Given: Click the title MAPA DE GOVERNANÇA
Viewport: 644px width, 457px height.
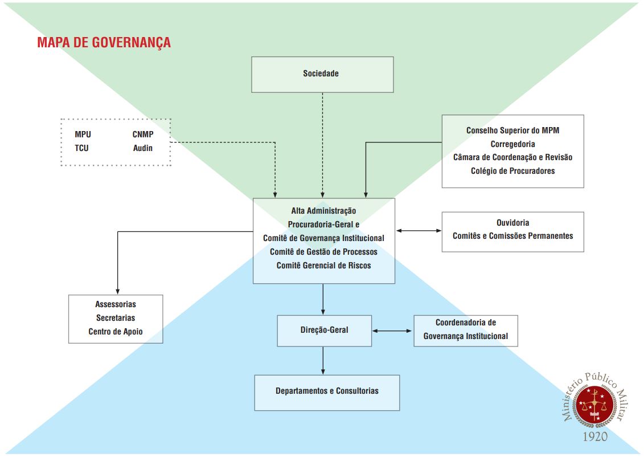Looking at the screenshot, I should [x=104, y=43].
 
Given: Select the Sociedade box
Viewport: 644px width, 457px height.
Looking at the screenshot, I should [x=322, y=74].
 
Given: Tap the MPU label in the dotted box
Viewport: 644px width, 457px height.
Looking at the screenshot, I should [x=83, y=135].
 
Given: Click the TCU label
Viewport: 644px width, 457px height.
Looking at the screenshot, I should [x=81, y=148].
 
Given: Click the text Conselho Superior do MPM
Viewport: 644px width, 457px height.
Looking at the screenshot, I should [x=512, y=130].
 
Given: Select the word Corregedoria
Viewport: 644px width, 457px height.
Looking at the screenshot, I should [x=512, y=144].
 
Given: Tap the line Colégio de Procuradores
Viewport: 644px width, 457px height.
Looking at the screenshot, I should [x=512, y=171].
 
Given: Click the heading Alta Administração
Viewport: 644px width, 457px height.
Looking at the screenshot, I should [x=323, y=211].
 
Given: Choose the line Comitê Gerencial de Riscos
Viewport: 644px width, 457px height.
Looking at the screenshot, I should [x=323, y=265].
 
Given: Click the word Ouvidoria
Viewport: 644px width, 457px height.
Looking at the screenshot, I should [x=512, y=223].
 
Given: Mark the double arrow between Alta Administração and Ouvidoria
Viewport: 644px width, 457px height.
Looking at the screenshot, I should [x=419, y=231].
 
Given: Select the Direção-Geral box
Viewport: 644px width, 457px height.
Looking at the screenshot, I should [x=324, y=330].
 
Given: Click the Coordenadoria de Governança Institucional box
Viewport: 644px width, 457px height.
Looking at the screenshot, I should [x=466, y=330].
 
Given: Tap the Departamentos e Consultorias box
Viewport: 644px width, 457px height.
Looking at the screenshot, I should [x=327, y=391].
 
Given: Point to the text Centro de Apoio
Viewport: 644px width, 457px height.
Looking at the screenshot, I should [x=116, y=332].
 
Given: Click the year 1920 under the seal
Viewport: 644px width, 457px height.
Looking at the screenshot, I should [x=595, y=436].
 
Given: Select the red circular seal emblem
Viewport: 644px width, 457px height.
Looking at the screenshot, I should [x=596, y=406].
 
